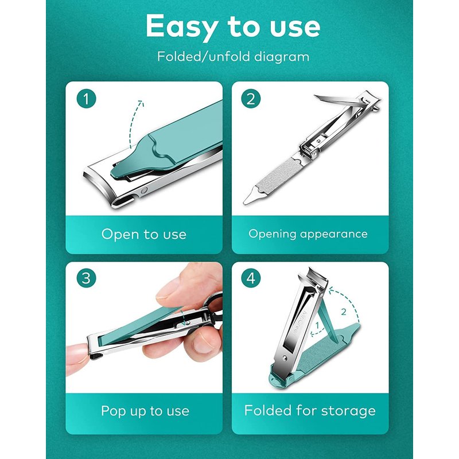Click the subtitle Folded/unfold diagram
coord(234,56)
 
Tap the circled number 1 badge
coord(87,99)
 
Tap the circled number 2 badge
coord(251,99)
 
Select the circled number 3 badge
coord(87,278)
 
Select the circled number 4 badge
coord(251,278)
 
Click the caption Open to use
coord(144,234)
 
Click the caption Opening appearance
coord(308,234)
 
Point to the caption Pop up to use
coord(145,411)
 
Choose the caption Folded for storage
coord(310,410)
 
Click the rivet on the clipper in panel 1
coord(144,191)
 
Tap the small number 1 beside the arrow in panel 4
coord(317,325)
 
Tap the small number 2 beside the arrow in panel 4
coord(344,312)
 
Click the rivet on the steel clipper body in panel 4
coord(285,357)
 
